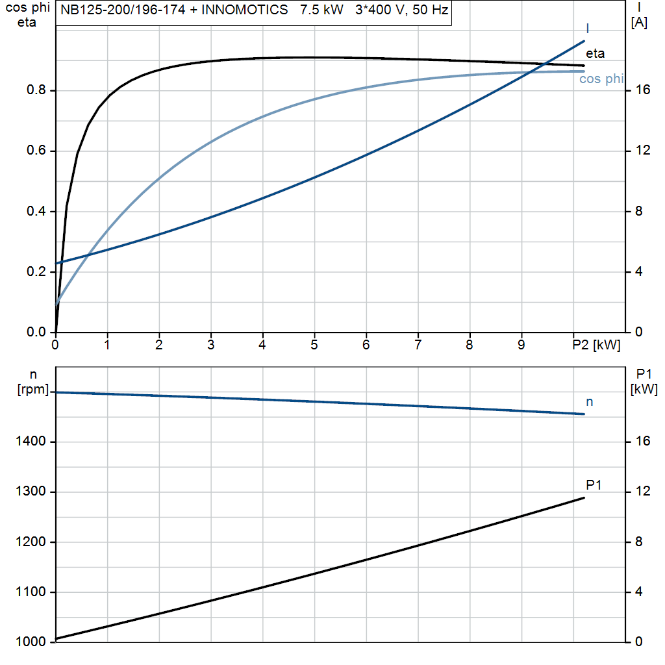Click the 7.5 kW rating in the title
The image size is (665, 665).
(321, 10)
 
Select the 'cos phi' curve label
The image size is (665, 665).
(601, 79)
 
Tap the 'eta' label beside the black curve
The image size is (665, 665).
(595, 54)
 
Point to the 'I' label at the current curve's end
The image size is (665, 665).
(588, 28)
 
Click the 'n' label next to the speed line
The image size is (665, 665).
(590, 402)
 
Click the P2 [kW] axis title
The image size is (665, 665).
(596, 345)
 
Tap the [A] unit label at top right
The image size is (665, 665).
(639, 23)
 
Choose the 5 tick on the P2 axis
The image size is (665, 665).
(314, 345)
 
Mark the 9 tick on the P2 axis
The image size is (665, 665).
(521, 345)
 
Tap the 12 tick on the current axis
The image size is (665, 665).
(642, 151)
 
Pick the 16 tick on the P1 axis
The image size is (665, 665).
(642, 442)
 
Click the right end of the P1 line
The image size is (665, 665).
(584, 497)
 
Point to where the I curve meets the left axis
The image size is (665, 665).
(56, 263)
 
